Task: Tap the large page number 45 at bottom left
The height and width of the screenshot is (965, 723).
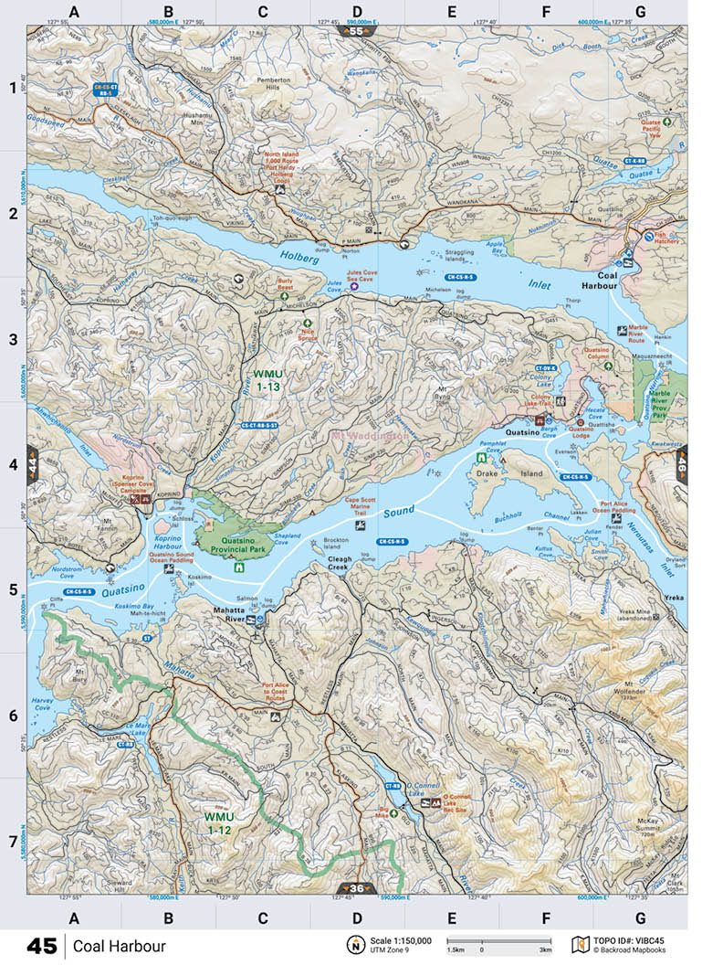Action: click(41, 946)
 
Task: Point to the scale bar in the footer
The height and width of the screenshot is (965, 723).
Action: click(498, 940)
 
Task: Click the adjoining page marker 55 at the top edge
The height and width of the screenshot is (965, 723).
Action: click(356, 31)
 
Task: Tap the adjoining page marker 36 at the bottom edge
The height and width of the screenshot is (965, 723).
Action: click(357, 888)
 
